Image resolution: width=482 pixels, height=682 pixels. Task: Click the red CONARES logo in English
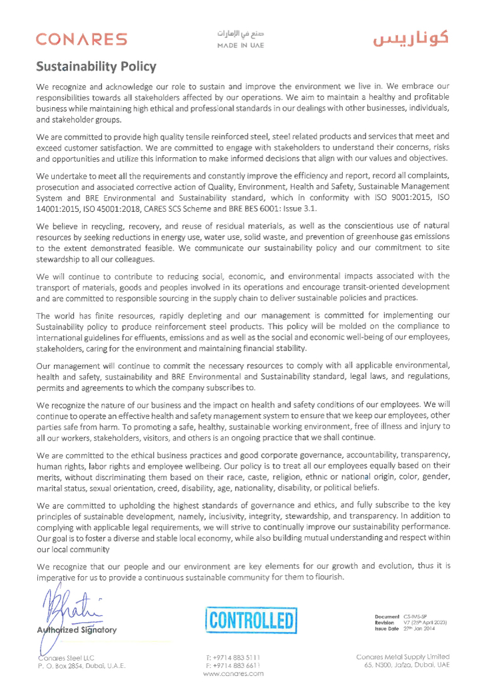point(81,40)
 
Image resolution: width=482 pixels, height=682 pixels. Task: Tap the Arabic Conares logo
point(410,39)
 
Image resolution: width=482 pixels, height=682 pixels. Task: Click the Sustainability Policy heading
point(96,67)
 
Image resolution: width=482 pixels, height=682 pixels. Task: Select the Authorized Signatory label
point(77,629)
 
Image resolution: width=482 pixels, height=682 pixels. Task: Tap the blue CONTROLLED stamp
point(250,621)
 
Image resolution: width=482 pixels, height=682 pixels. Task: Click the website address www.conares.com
point(233,673)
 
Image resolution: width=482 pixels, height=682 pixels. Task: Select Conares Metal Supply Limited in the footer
point(403,657)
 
